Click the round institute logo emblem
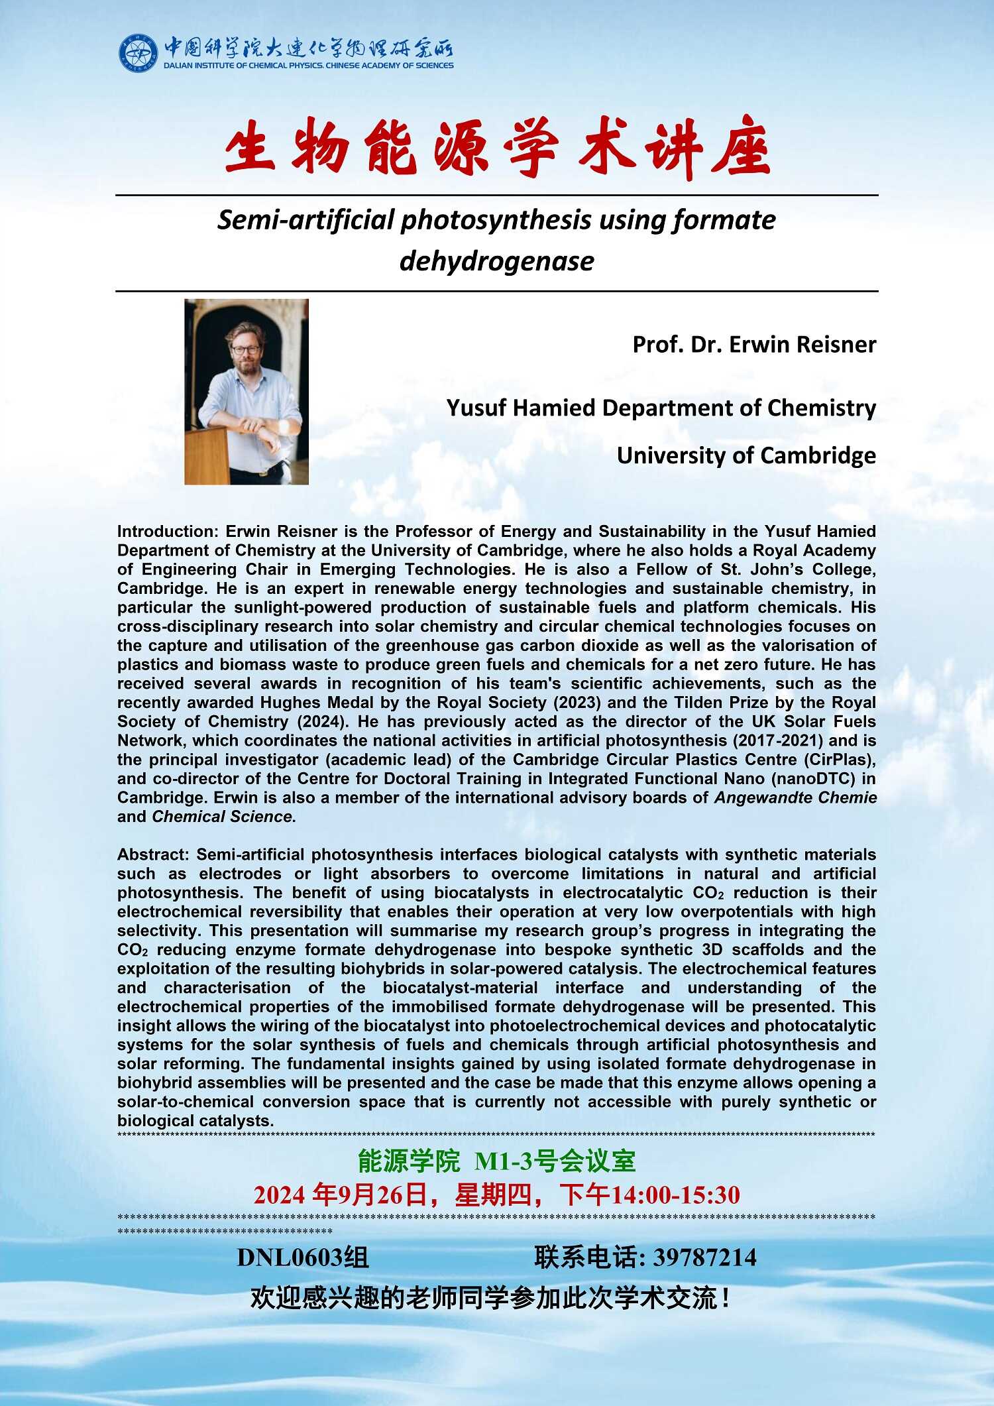click(138, 53)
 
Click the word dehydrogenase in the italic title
click(497, 261)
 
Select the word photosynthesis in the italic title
click(496, 220)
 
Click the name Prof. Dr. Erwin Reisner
click(754, 345)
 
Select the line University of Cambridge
click(746, 455)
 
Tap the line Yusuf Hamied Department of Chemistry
click(661, 408)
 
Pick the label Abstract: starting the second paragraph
click(154, 855)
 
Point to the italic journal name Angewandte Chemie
click(795, 798)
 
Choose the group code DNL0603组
click(303, 1258)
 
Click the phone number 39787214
click(704, 1258)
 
